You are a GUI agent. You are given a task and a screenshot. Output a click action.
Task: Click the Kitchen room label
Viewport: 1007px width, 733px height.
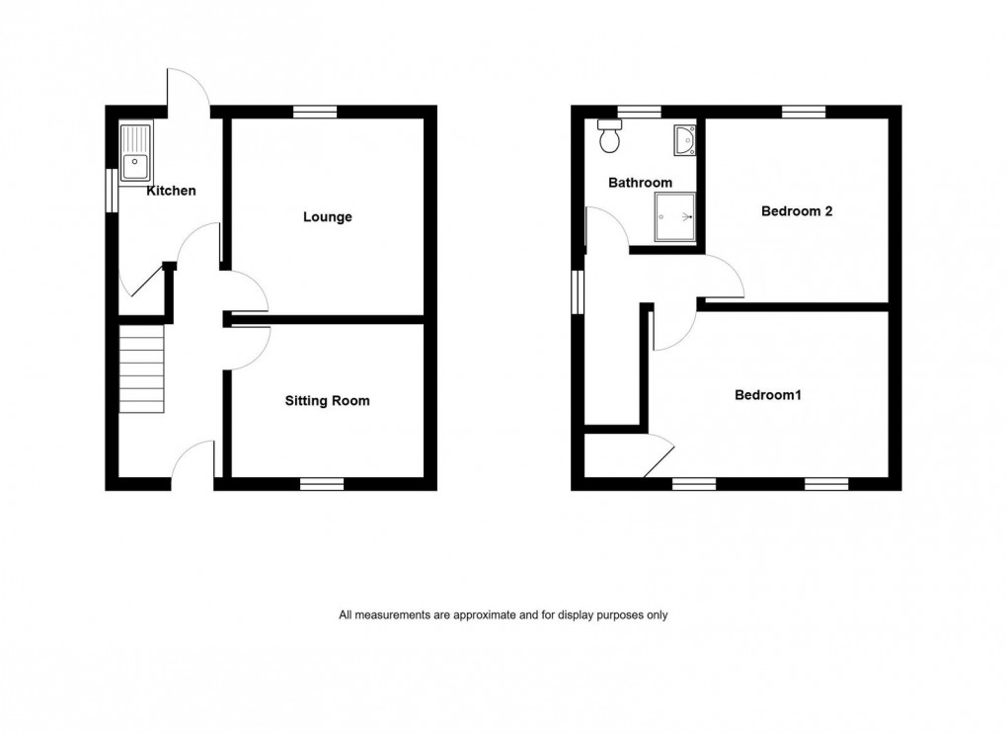pos(172,191)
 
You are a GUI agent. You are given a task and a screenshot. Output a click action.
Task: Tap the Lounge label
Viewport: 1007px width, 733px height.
pos(328,217)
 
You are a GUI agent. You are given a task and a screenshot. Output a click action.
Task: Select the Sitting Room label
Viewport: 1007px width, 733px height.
pos(328,401)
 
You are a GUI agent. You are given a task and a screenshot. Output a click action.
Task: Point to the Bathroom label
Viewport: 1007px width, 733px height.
pos(640,183)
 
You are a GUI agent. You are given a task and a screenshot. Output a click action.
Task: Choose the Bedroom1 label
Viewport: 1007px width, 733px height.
pos(768,395)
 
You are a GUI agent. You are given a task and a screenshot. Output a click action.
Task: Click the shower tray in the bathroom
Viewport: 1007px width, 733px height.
pos(676,216)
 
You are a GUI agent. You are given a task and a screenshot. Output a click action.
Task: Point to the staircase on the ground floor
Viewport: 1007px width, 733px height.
pos(141,370)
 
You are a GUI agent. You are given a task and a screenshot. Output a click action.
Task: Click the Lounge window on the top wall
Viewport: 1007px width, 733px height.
pos(314,112)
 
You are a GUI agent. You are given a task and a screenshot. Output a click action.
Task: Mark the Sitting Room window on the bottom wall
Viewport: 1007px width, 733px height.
pos(322,483)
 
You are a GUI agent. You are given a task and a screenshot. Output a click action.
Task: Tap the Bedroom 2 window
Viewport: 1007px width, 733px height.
pos(805,112)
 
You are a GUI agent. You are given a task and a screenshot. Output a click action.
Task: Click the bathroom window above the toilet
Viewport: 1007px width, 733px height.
pos(639,112)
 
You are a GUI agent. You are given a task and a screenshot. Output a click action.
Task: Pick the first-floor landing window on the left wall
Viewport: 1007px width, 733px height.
pos(579,291)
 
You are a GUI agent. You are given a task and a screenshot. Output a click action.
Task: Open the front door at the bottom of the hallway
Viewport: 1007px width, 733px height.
pos(193,464)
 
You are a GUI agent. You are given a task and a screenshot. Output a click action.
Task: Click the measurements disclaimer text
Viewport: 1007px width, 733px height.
pos(503,614)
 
